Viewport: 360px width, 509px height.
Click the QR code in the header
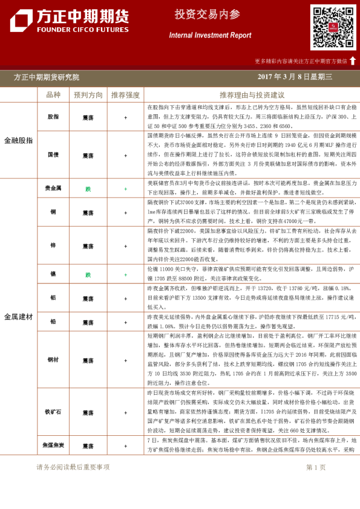click(333, 28)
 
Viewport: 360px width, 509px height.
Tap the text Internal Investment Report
click(210, 36)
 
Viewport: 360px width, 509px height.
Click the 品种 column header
click(53, 95)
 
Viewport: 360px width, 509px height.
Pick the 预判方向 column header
click(88, 95)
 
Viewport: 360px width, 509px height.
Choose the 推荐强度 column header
click(125, 95)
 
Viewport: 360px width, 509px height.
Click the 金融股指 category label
click(18, 140)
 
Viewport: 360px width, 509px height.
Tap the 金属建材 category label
click(18, 316)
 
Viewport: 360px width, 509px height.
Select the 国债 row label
click(53, 155)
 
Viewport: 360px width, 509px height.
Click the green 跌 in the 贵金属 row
click(88, 189)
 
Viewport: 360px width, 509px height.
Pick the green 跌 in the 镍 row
click(88, 274)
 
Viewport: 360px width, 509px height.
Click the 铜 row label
click(53, 213)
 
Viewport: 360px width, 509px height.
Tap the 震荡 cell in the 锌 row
click(88, 246)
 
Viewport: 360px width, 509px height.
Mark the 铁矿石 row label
click(53, 412)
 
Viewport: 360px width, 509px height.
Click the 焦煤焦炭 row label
click(53, 445)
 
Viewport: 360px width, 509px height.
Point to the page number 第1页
click(315, 467)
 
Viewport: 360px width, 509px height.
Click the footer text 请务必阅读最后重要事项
click(73, 467)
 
